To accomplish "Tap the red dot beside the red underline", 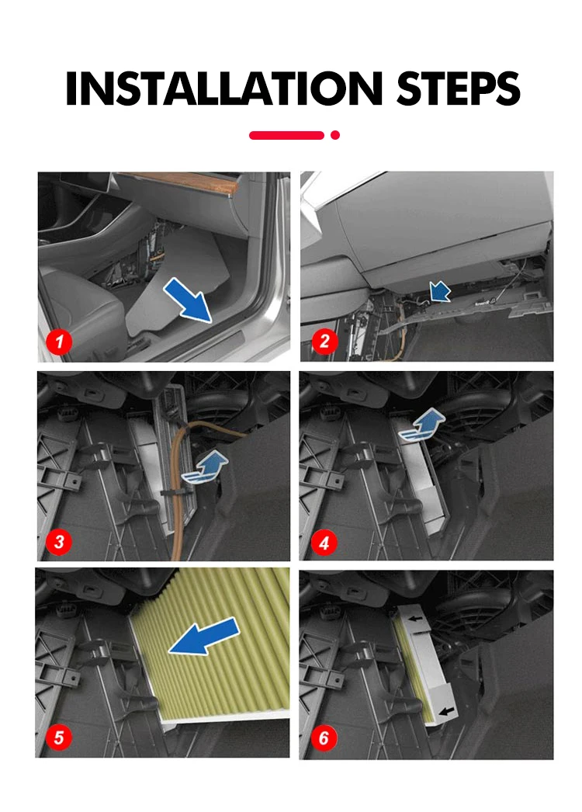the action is coord(335,135).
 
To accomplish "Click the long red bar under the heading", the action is coord(286,135).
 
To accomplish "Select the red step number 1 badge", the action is coord(58,342).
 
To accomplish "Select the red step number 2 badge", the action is coord(324,341).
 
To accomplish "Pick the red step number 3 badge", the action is coord(59,542).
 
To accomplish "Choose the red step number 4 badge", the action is coord(324,543).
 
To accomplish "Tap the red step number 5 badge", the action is coord(58,737).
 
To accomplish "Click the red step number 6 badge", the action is coord(324,737).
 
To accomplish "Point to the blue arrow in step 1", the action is coord(188,300).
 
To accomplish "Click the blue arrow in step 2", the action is coord(440,292).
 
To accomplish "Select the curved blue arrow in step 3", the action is coord(205,467).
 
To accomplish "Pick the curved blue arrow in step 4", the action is coord(422,425).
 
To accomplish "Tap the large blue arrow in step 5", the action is coord(205,636).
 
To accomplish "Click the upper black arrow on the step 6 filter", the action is coord(415,618).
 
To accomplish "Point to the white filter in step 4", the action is coord(425,477).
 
